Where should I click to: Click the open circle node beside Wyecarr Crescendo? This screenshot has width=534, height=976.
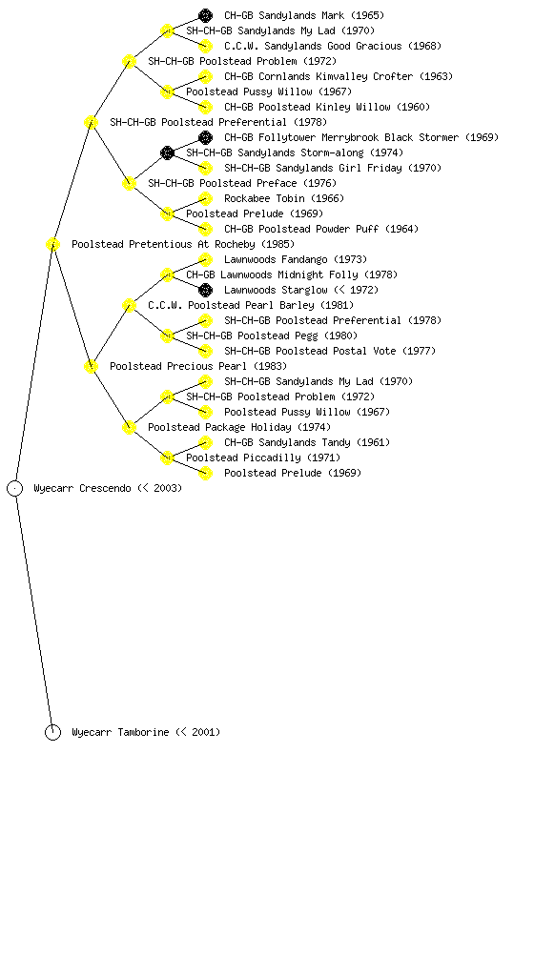(15, 489)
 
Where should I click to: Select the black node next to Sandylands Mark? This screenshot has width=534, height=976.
(205, 15)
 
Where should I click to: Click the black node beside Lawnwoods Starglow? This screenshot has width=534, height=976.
(205, 290)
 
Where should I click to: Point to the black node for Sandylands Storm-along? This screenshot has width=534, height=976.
(167, 152)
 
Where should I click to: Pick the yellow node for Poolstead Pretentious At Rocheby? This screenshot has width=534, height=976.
(52, 244)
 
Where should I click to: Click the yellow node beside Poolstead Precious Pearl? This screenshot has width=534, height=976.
(91, 366)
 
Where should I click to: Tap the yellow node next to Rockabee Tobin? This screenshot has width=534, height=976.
(205, 198)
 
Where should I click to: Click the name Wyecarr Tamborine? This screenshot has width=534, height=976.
(120, 733)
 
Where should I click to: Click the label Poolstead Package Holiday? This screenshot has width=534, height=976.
(219, 428)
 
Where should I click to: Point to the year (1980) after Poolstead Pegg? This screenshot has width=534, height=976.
(340, 335)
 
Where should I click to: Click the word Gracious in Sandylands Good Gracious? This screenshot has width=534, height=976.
(379, 46)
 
